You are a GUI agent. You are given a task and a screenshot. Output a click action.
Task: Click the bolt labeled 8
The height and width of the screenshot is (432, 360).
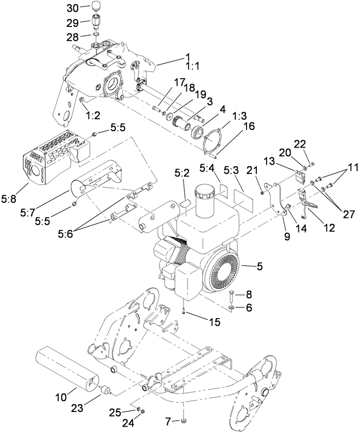click(x=232, y=296)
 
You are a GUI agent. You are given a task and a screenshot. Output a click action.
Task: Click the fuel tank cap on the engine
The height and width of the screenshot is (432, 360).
click(x=206, y=195)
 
